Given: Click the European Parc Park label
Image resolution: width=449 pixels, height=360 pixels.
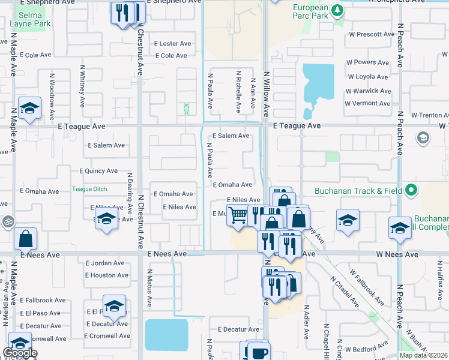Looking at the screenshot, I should click(x=310, y=11).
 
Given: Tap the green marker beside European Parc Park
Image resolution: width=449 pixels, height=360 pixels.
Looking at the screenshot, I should click(x=337, y=10).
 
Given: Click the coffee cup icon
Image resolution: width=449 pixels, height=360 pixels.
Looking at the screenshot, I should click(x=259, y=352).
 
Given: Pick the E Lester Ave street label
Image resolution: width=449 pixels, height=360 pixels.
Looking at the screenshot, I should click(x=172, y=44).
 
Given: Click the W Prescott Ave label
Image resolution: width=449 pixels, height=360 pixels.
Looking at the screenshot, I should click(x=371, y=34).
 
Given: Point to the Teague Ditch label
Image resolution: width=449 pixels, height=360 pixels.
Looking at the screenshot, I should click(x=89, y=189).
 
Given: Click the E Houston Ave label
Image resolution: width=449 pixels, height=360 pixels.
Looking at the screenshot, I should click(x=106, y=275).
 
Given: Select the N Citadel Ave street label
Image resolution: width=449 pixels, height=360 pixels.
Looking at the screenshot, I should click(x=345, y=292).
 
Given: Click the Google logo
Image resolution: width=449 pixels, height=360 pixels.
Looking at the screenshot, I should click(x=20, y=353).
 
